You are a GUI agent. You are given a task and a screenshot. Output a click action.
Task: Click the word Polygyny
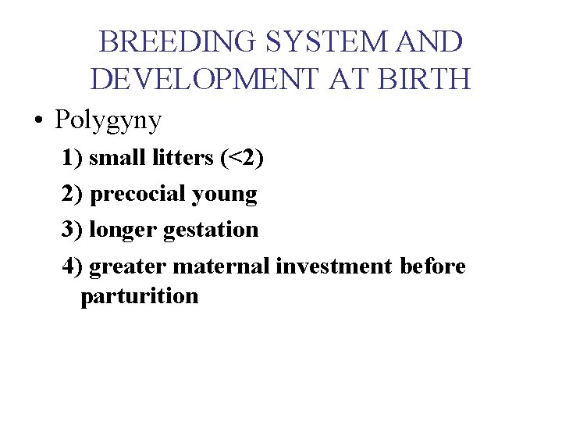(108, 120)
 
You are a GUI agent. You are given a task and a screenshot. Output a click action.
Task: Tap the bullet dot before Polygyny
(37, 122)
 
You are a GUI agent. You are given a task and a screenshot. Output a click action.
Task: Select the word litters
(187, 158)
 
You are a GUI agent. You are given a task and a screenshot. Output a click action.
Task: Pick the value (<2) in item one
(243, 158)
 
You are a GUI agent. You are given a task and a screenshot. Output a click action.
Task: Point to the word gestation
(212, 230)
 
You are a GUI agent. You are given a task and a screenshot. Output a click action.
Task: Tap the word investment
(334, 266)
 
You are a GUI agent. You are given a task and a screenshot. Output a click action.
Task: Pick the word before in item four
(432, 266)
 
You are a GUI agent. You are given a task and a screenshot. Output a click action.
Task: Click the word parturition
(139, 297)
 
